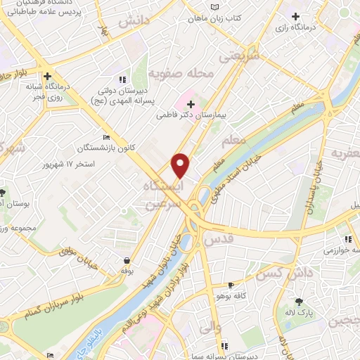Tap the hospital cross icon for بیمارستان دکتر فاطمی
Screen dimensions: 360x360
pyautogui.click(x=190, y=103)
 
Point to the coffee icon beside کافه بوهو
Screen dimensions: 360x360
pyautogui.click(x=231, y=285)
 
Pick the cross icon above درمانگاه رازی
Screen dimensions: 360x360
pyautogui.click(x=295, y=16)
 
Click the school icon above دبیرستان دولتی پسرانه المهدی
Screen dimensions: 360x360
pyautogui.click(x=122, y=79)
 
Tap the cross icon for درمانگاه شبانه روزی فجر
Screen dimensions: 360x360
pyautogui.click(x=47, y=76)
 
